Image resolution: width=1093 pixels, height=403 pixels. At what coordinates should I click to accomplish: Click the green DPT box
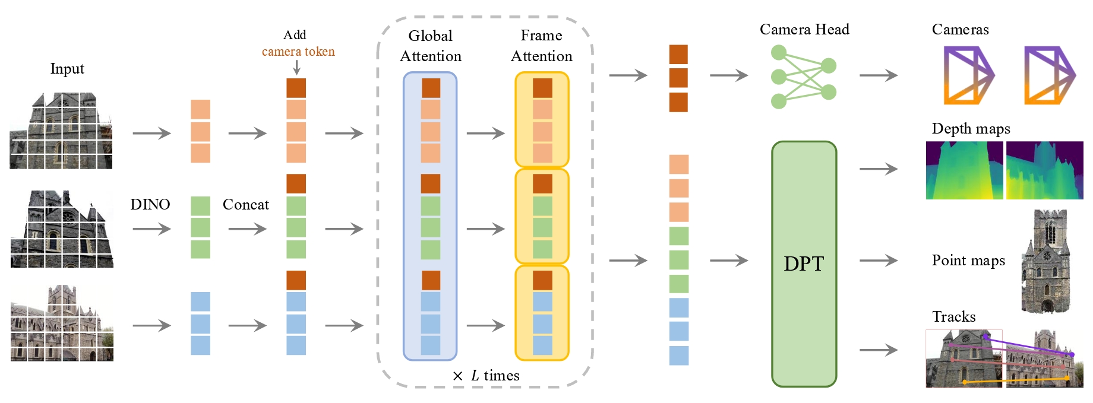pyautogui.click(x=804, y=264)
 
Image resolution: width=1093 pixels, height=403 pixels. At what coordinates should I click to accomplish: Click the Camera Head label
pyautogui.click(x=804, y=29)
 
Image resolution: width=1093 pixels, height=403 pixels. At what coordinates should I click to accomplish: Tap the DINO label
pyautogui.click(x=150, y=204)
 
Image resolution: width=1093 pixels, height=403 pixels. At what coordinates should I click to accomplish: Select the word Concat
pyautogui.click(x=246, y=204)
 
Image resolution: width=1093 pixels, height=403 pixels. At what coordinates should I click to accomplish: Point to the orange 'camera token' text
pyautogui.click(x=298, y=52)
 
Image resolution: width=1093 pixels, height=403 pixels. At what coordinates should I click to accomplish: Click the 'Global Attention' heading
pyautogui.click(x=431, y=46)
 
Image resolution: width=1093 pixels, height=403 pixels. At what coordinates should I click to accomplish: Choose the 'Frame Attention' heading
pyautogui.click(x=542, y=46)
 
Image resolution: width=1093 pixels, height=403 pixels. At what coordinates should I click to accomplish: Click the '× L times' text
pyautogui.click(x=486, y=376)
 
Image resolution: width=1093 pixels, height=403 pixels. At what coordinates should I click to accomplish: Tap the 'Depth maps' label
pyautogui.click(x=971, y=129)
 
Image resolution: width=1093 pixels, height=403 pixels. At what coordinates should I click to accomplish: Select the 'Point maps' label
pyautogui.click(x=968, y=261)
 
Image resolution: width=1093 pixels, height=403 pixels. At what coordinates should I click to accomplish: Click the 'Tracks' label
pyautogui.click(x=953, y=316)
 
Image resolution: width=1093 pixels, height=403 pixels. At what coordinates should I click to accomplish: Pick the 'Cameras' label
pyautogui.click(x=960, y=29)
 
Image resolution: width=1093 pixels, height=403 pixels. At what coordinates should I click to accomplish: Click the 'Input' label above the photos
pyautogui.click(x=67, y=69)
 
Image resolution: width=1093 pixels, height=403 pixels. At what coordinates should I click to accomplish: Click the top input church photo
pyautogui.click(x=61, y=131)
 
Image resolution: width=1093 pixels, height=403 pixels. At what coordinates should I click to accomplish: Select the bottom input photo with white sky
pyautogui.click(x=62, y=323)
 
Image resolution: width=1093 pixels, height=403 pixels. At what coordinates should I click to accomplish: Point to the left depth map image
pyautogui.click(x=964, y=170)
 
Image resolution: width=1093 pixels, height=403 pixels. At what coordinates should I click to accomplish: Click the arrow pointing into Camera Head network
pyautogui.click(x=729, y=75)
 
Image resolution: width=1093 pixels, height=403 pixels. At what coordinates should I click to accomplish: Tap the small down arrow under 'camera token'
pyautogui.click(x=296, y=68)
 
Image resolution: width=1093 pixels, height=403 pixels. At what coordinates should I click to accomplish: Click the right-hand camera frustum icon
pyautogui.click(x=1050, y=76)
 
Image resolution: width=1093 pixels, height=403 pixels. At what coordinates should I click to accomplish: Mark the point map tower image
pyautogui.click(x=1045, y=261)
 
